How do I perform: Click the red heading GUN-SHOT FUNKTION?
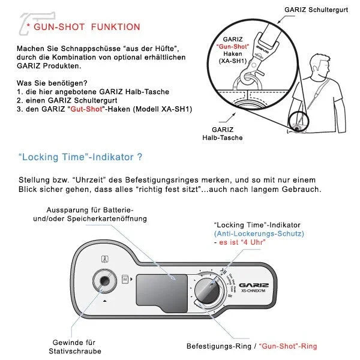pos(87,27)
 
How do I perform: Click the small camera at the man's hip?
pos(295,125)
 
